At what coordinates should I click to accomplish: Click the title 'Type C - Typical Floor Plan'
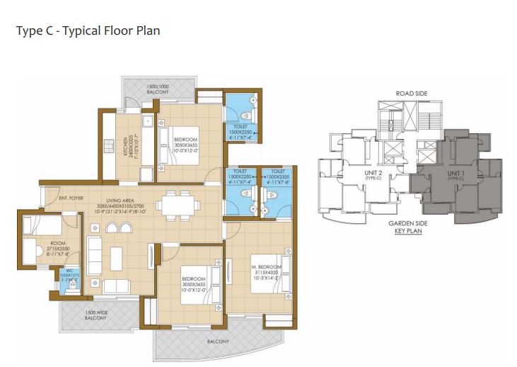88,32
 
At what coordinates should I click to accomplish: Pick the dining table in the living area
175,205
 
